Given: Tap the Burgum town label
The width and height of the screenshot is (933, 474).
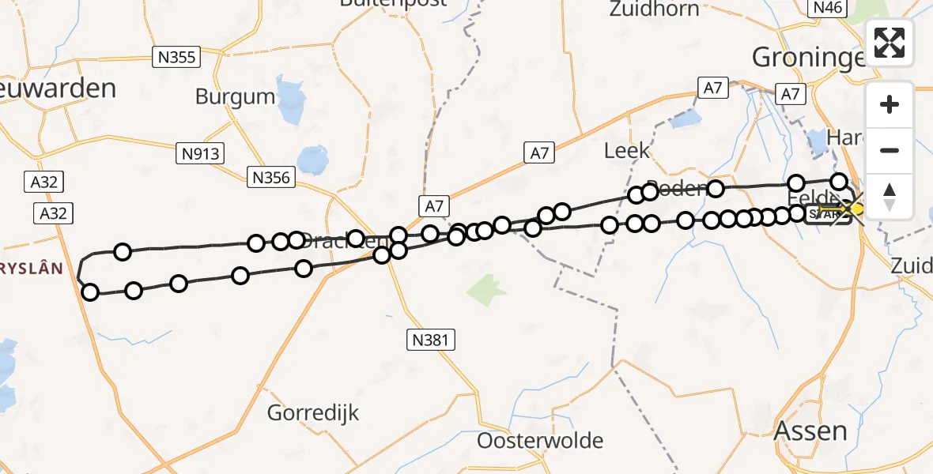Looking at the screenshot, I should coord(236,97).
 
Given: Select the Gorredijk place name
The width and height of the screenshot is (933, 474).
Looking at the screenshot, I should coord(313,412).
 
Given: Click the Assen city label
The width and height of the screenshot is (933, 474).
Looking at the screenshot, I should coord(810,431).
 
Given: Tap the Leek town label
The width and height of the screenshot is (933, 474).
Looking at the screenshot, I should coord(626,150).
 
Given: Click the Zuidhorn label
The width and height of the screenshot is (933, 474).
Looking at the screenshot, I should coord(655,9).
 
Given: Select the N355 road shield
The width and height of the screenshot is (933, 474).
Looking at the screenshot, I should coord(176,57).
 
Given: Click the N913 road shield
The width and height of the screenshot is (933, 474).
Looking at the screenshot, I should coord(200,153).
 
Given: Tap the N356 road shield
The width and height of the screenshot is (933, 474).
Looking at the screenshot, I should coord(271,178).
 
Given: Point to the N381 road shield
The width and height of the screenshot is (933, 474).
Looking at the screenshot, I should coord(431,340).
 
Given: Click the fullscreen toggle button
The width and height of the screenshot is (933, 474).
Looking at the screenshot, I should coord(890,42).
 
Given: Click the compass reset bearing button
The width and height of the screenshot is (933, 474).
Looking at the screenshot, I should coord(890,197).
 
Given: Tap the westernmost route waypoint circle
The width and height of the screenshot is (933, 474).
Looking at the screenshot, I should coord(90,292).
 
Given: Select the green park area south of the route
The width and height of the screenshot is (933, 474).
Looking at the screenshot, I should coord(486,290).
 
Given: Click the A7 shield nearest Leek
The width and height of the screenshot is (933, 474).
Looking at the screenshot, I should coord(713,88).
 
